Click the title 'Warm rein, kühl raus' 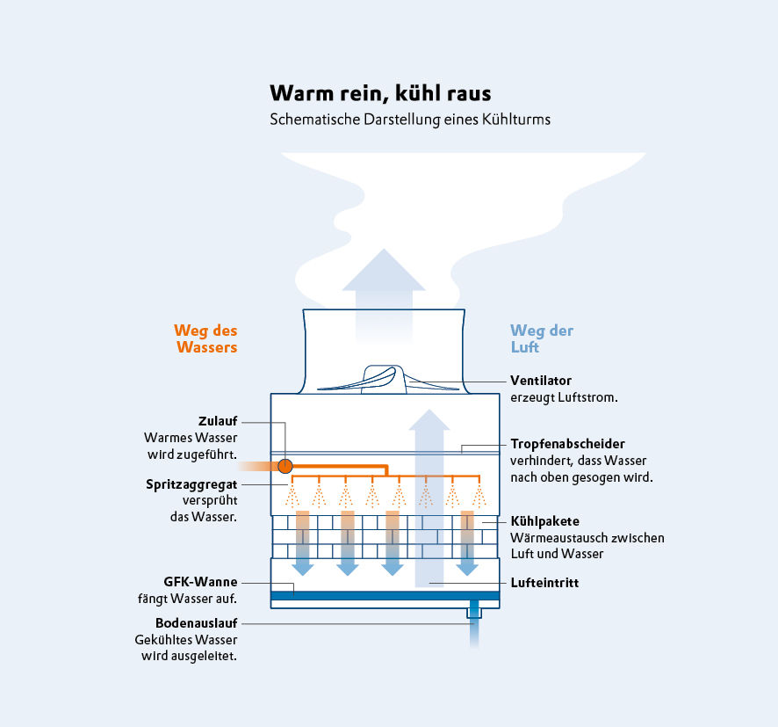pos(380,93)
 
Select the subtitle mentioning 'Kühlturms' pos(410,120)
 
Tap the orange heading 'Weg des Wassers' pos(205,339)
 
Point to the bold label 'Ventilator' pos(541,381)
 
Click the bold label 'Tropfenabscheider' pos(567,444)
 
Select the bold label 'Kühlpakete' pos(544,521)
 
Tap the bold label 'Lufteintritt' pos(544,583)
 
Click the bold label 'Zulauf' pos(218,420)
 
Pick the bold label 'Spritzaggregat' pos(191,483)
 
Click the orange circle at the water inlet pos(285,465)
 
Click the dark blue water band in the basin pos(385,595)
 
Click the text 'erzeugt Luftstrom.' pos(564,397)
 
